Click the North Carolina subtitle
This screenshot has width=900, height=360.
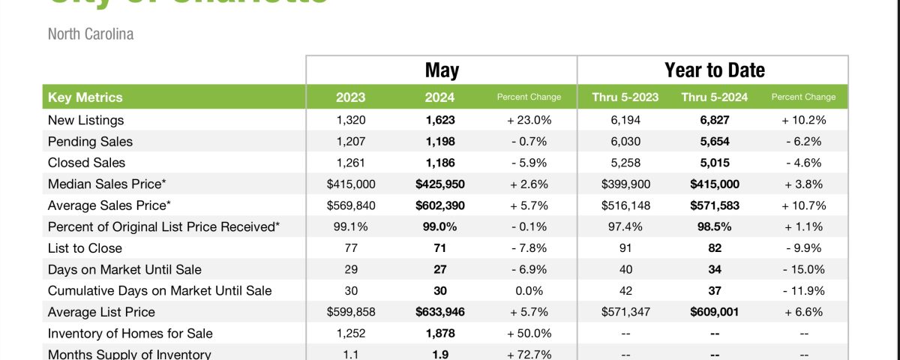[91, 34]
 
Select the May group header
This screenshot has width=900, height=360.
[442, 70]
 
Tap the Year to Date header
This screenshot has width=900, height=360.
[714, 70]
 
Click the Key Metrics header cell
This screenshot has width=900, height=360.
[85, 97]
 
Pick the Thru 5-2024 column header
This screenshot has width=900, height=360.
[715, 97]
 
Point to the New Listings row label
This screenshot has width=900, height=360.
[85, 120]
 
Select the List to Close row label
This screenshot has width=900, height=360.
[85, 248]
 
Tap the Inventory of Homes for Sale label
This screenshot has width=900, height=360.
[130, 334]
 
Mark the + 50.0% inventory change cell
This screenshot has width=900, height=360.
[529, 334]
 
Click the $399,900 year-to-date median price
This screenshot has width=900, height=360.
[625, 184]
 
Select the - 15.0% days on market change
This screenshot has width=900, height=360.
[803, 269]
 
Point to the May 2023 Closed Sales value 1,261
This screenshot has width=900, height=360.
[351, 163]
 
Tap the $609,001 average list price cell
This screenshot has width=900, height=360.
[715, 312]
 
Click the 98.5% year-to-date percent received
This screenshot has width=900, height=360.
[715, 226]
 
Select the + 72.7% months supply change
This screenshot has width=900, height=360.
[529, 355]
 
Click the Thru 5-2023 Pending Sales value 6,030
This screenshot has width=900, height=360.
[625, 141]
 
